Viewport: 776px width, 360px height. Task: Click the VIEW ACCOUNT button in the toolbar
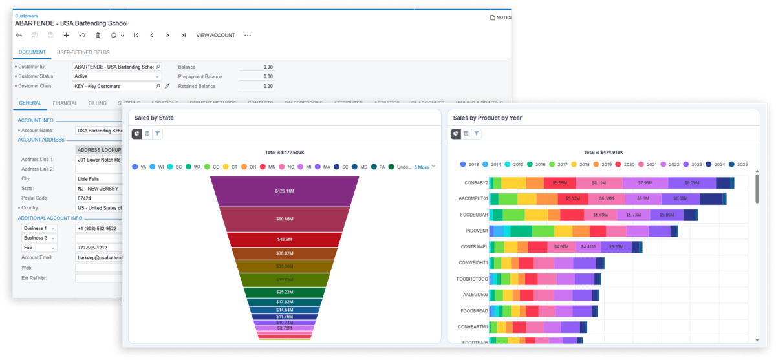click(x=215, y=35)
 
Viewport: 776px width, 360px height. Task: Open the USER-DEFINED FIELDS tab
click(x=83, y=52)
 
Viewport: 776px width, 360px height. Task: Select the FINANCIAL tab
click(x=65, y=103)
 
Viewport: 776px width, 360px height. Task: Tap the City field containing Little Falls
click(x=99, y=178)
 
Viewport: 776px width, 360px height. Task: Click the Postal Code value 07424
click(x=99, y=198)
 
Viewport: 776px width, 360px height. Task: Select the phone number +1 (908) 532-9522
click(x=99, y=228)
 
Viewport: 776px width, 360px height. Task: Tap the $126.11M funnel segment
click(x=285, y=191)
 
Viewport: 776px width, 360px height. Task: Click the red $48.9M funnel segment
click(x=285, y=240)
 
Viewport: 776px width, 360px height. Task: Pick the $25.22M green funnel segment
click(x=285, y=292)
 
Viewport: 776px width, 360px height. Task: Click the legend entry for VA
click(x=139, y=167)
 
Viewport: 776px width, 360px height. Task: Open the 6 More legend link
click(x=422, y=167)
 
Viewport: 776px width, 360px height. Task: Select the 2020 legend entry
click(x=623, y=165)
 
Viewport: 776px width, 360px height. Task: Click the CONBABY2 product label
click(x=473, y=183)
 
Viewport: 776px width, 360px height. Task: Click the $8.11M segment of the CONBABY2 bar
click(x=598, y=183)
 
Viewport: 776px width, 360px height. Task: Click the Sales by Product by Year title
click(x=487, y=118)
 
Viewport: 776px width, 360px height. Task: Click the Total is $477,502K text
click(x=284, y=153)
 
